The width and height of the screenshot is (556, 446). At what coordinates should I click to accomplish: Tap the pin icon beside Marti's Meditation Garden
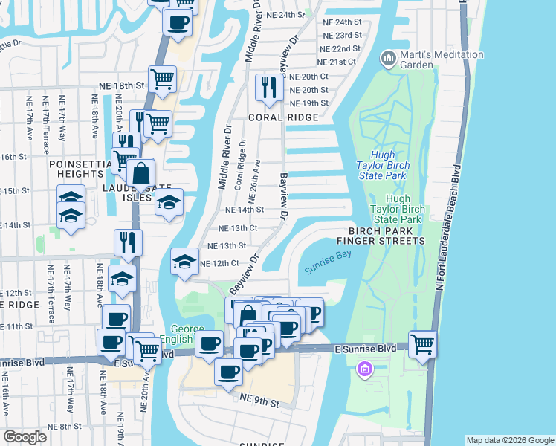point(387,58)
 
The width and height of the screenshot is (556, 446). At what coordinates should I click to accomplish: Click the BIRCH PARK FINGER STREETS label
point(381,236)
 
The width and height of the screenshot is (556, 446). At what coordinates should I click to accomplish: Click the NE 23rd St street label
point(343,35)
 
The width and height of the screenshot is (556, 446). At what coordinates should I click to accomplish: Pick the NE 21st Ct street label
point(337,61)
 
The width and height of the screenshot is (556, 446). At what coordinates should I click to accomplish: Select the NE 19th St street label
point(309,103)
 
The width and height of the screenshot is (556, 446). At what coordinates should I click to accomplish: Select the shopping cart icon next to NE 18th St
point(162,79)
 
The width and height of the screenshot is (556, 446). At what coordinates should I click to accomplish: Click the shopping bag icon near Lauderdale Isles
point(140,174)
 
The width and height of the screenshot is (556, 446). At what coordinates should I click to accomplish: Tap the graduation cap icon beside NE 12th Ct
point(184,262)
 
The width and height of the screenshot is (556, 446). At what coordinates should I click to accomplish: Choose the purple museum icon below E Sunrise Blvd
point(364,369)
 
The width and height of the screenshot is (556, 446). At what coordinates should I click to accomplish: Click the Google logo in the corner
point(25,437)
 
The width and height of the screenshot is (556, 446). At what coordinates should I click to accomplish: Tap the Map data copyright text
point(509,440)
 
